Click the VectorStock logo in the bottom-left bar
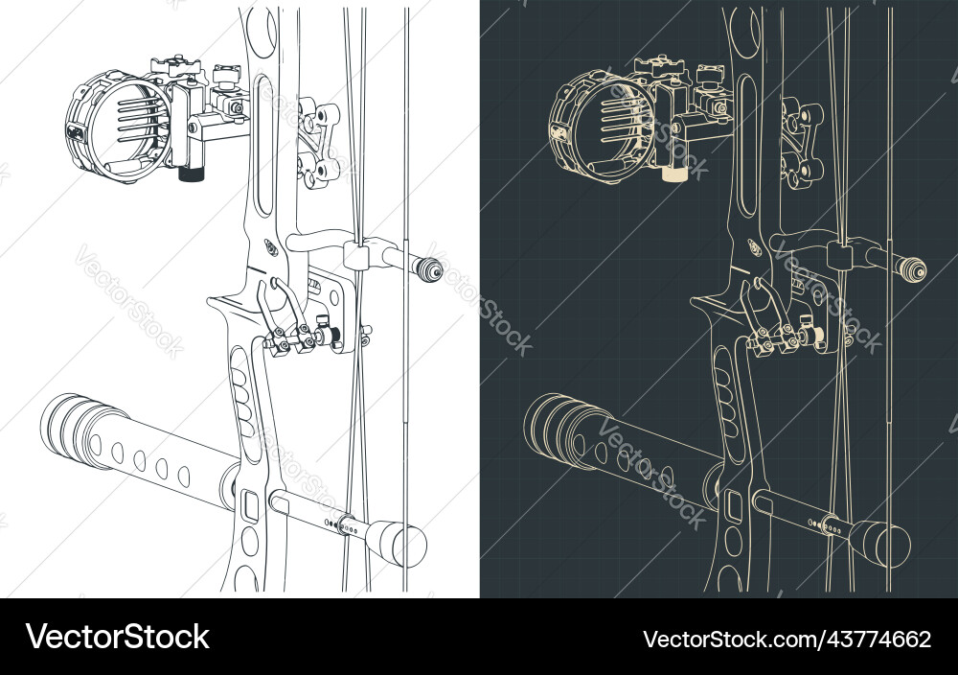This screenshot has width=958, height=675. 118,638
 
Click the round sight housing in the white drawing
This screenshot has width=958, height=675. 120,125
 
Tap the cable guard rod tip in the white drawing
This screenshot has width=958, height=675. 432,268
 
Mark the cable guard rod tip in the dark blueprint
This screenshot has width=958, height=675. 913,268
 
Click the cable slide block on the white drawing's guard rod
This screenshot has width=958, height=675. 355,255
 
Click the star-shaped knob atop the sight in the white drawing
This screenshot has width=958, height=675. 174,66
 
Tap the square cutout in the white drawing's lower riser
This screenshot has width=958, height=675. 252,502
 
